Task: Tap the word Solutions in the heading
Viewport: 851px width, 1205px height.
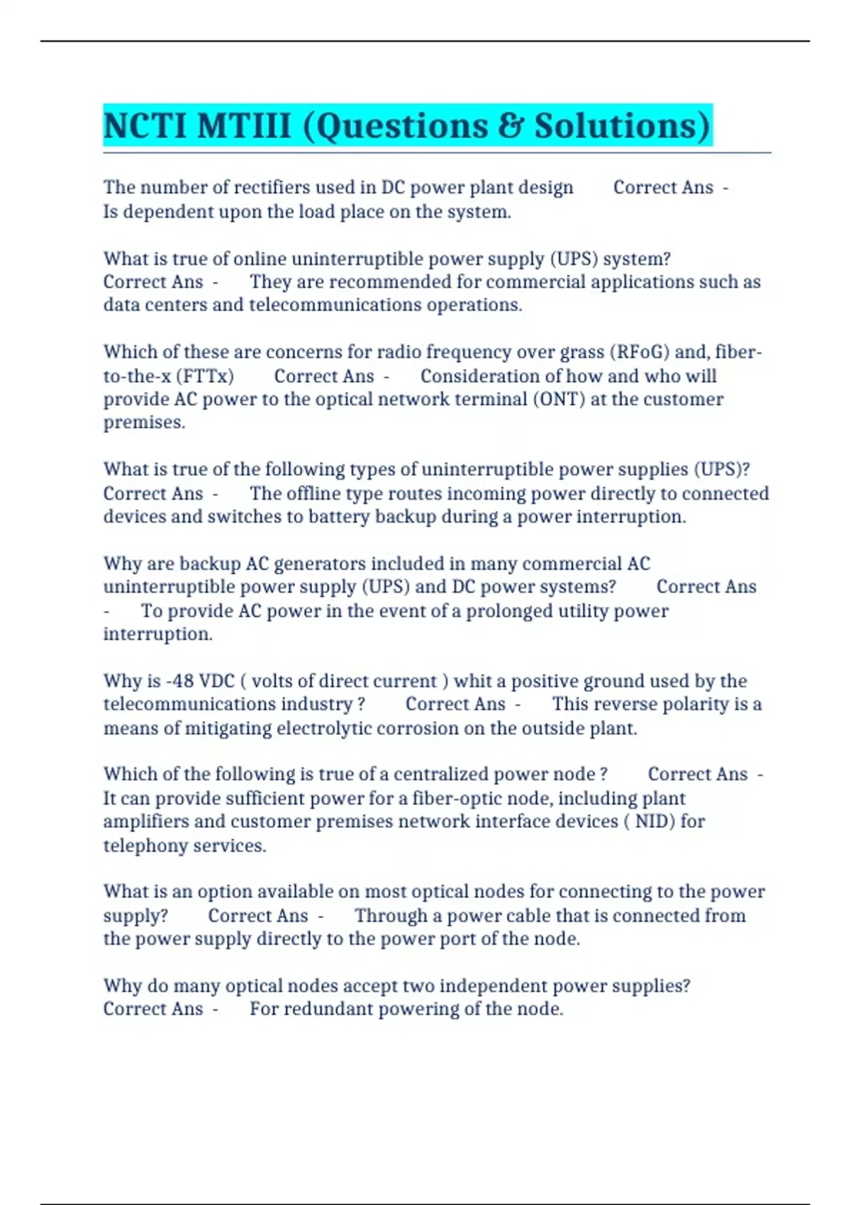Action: click(622, 126)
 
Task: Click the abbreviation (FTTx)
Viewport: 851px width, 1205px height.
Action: click(204, 376)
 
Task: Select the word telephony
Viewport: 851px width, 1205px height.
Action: click(139, 846)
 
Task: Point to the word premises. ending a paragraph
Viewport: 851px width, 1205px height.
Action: click(144, 422)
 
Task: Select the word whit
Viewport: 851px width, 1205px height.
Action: click(474, 681)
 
